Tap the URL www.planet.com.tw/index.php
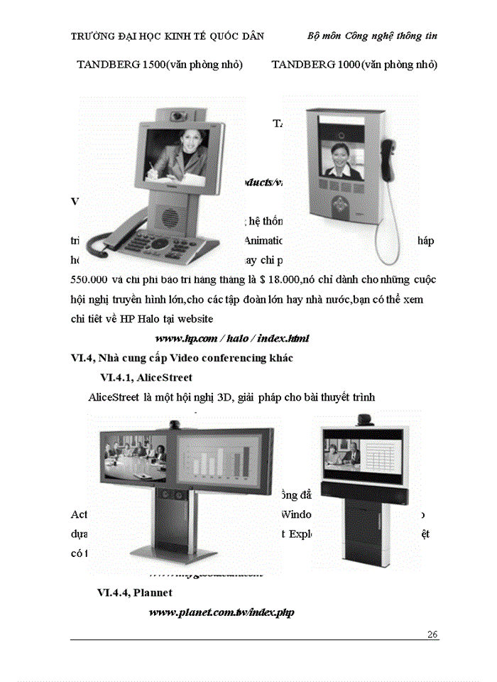[x=221, y=612]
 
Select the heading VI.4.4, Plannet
[x=134, y=592]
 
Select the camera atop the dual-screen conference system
[x=173, y=426]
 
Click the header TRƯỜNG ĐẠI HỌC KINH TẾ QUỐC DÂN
[x=168, y=36]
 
